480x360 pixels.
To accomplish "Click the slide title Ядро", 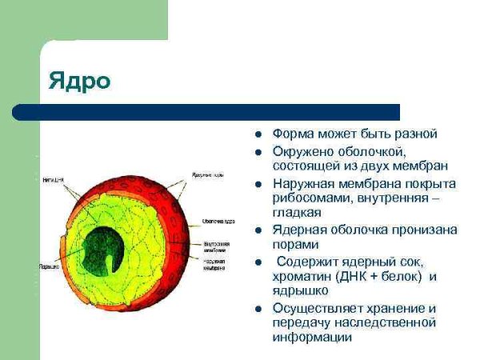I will point(79,81).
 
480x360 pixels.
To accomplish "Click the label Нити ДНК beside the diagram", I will point(54,181).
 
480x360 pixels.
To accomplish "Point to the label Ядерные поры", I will point(207,174).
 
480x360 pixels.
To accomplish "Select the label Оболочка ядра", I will point(218,222).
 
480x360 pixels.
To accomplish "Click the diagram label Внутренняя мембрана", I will point(218,246).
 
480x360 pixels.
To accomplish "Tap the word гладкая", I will point(297,213).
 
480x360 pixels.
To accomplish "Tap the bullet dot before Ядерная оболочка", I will point(258,230).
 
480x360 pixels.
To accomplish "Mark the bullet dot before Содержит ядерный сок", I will point(258,262).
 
